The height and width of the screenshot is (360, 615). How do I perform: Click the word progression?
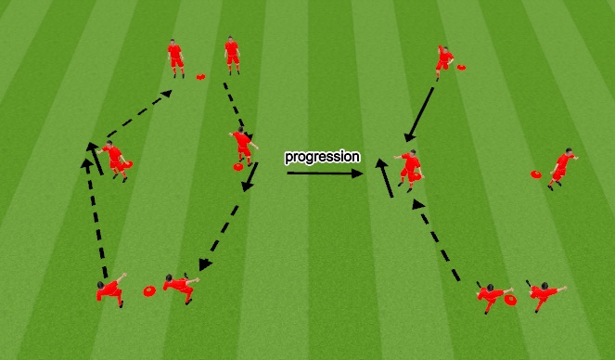coord(322,157)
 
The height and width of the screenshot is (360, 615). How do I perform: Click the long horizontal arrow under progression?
coord(324,172)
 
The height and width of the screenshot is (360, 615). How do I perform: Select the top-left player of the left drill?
coord(175,58)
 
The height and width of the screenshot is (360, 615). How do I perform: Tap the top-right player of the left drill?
coord(232,56)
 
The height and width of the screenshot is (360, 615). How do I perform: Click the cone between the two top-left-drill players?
coord(201,74)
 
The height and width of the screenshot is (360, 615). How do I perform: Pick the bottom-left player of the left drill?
coord(110,290)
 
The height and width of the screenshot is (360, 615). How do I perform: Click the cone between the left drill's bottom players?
coord(148,291)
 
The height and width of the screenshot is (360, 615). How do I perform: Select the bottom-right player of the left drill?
coord(180,286)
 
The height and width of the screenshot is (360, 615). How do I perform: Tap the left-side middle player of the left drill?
coord(114,160)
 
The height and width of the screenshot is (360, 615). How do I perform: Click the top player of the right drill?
coord(445,60)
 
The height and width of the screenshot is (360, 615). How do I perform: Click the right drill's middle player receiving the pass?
coord(410,170)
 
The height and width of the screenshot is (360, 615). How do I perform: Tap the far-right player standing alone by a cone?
coord(561,168)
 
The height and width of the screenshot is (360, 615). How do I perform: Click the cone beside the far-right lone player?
coord(536,174)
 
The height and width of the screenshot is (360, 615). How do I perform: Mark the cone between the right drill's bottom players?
coord(511,300)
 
